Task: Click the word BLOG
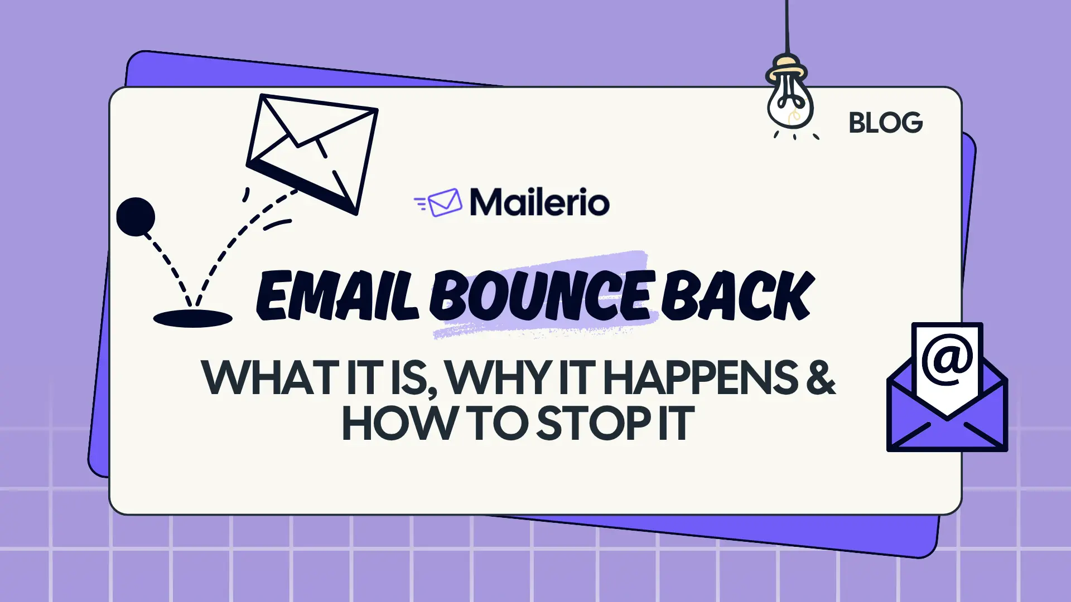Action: point(885,123)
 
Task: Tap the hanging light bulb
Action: point(789,100)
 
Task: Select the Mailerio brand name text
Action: point(539,202)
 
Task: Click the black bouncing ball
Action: point(136,216)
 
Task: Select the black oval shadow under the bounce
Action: point(192,318)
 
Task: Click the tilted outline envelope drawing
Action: point(312,153)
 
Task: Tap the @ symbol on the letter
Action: point(947,360)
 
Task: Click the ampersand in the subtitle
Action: point(820,378)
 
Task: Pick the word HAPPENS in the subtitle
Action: point(701,378)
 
